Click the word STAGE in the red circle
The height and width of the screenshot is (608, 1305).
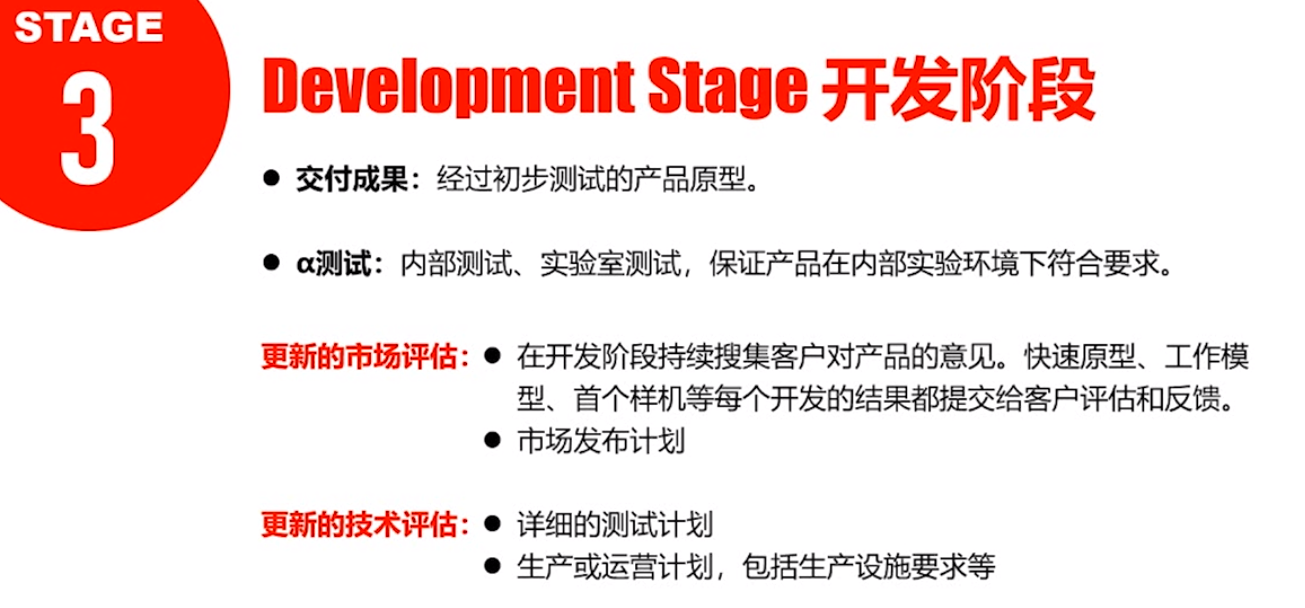click(x=89, y=27)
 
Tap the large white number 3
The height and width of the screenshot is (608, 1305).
click(x=87, y=128)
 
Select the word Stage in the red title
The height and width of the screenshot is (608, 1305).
click(x=728, y=87)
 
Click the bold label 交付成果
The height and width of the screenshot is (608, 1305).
click(x=352, y=179)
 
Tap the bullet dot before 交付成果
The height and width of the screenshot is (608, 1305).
click(x=271, y=178)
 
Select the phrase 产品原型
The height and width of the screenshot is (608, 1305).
click(x=689, y=179)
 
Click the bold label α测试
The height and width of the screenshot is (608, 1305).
click(x=334, y=264)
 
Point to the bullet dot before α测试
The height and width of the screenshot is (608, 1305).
click(x=271, y=263)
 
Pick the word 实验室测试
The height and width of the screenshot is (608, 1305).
click(x=611, y=264)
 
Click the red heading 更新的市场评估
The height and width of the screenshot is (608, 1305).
click(x=359, y=356)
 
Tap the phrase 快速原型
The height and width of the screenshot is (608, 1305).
click(x=1081, y=356)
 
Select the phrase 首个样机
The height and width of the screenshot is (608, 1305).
click(x=629, y=399)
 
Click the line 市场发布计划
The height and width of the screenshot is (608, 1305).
click(x=601, y=441)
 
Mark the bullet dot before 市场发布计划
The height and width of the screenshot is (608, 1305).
click(x=493, y=440)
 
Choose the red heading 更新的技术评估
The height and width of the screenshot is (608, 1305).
click(x=359, y=525)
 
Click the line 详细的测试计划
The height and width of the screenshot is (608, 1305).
click(x=615, y=525)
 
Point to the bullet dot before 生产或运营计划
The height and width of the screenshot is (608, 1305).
click(x=493, y=566)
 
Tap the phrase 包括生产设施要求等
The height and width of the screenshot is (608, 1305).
click(x=869, y=567)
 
